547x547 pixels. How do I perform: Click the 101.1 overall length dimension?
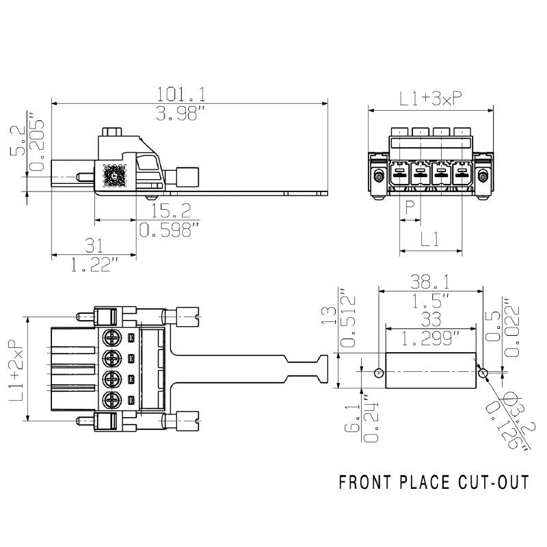[x=182, y=94]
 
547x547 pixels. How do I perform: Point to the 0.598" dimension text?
[x=170, y=230]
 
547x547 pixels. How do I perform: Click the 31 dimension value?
[x=94, y=245]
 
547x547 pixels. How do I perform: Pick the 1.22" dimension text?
[x=94, y=264]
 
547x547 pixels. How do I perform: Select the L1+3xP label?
[x=431, y=99]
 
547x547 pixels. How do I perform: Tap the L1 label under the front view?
[x=430, y=239]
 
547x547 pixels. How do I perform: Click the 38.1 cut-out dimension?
[x=429, y=280]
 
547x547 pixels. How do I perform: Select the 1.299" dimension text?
[x=429, y=338]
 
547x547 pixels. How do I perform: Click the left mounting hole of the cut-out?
[x=378, y=373]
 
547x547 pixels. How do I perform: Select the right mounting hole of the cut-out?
[x=483, y=373]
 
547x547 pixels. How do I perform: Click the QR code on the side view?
[x=114, y=175]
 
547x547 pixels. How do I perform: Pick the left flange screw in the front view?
[x=377, y=177]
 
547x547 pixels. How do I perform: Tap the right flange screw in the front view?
[x=483, y=177]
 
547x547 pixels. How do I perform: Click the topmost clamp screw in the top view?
[x=111, y=338]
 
